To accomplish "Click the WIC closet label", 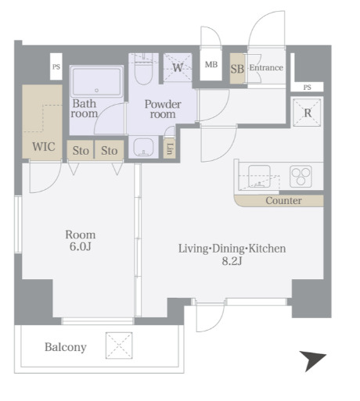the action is pyautogui.click(x=44, y=147).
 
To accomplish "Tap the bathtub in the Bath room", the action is pyautogui.click(x=96, y=81).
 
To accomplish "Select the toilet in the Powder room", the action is pyautogui.click(x=144, y=69).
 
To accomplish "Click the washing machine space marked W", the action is pyautogui.click(x=178, y=67).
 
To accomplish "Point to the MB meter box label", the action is pyautogui.click(x=211, y=64).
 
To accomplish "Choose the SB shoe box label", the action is pyautogui.click(x=237, y=69).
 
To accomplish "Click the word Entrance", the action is pyautogui.click(x=266, y=68).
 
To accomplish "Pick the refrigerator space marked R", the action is pyautogui.click(x=308, y=112).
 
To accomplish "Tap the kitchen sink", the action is pyautogui.click(x=259, y=177).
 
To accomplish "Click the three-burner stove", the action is pyautogui.click(x=301, y=176).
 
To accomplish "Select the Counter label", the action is pyautogui.click(x=283, y=201).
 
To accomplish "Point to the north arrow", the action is pyautogui.click(x=312, y=360).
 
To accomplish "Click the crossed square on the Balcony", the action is pyautogui.click(x=119, y=346).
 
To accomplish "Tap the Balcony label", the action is pyautogui.click(x=66, y=347).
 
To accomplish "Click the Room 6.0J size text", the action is pyautogui.click(x=81, y=246).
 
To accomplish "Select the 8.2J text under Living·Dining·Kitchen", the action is pyautogui.click(x=232, y=260).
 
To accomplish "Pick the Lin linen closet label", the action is pyautogui.click(x=169, y=149).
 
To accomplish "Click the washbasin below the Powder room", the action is pyautogui.click(x=143, y=147).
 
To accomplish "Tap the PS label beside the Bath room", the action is pyautogui.click(x=56, y=67).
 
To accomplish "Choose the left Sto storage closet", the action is pyautogui.click(x=81, y=150).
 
